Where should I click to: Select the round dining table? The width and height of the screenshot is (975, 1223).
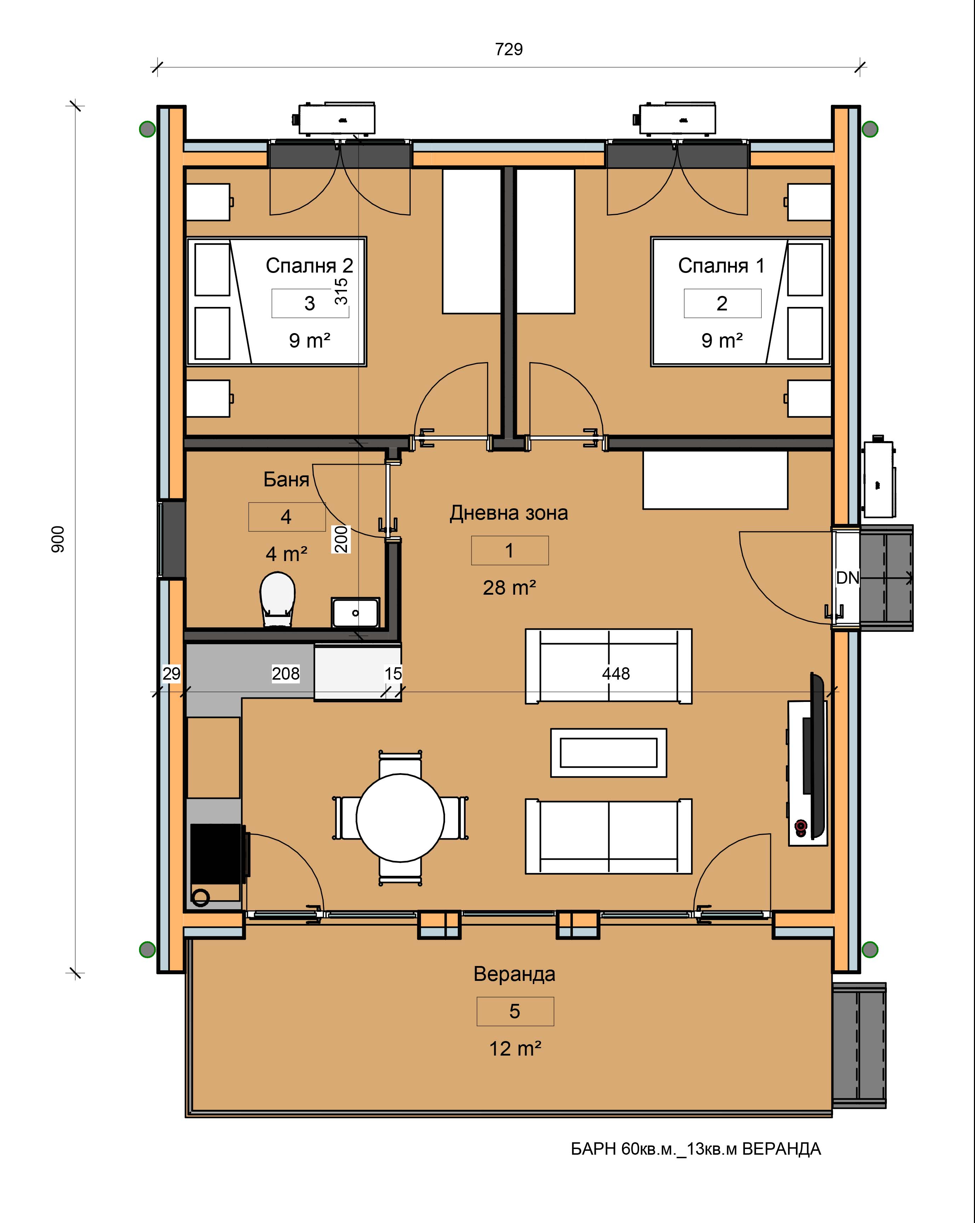point(400,817)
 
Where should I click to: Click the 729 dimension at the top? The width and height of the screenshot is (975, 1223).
point(509,49)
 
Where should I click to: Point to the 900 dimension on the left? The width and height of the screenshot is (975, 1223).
point(58,539)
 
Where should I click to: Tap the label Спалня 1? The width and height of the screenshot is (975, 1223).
point(722,265)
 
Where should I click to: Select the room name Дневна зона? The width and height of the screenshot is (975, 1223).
point(509,513)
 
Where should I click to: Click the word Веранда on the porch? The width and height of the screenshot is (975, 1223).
point(514,974)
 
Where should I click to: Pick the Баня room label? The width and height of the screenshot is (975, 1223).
point(286,480)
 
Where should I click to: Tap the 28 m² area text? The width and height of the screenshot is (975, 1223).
point(509,588)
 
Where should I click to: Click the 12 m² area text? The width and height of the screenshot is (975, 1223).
point(515,1049)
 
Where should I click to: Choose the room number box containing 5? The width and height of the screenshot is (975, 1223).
point(515,1011)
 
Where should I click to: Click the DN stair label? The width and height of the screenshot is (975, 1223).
point(848,578)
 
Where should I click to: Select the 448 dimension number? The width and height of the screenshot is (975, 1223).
point(616,674)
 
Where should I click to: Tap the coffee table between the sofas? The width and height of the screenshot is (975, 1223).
point(609,753)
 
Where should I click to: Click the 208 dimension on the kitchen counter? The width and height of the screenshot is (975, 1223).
point(285,674)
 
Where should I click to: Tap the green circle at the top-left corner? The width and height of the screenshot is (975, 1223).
point(148,129)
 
